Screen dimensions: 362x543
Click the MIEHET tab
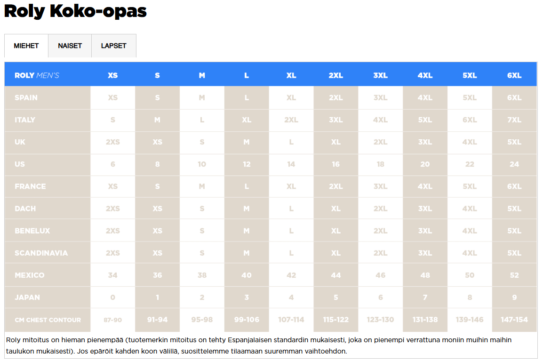tap(26, 46)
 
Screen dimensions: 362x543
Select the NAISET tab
tap(70, 46)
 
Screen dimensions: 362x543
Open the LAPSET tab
tap(114, 46)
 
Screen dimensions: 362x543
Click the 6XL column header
tap(514, 75)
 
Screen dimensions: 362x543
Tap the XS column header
tap(113, 75)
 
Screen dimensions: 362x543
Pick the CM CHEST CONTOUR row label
tap(48, 320)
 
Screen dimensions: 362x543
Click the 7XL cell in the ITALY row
tap(514, 120)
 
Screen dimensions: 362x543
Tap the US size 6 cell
tap(113, 164)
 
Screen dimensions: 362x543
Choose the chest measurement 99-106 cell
tap(247, 320)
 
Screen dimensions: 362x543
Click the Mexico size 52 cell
tap(514, 275)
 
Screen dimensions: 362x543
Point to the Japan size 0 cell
tap(113, 298)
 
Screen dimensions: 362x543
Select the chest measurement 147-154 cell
tap(514, 320)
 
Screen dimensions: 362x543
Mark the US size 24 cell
tap(514, 164)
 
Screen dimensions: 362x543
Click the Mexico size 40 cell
tap(247, 275)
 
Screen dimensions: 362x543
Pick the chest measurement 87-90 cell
tap(113, 320)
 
